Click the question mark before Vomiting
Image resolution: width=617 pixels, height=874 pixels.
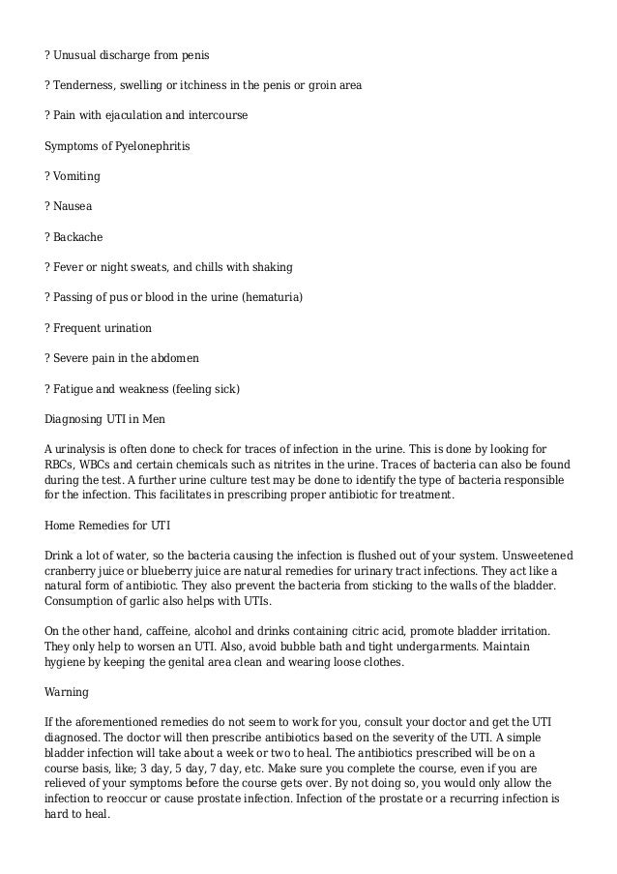point(48,176)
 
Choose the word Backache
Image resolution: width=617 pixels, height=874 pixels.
point(81,236)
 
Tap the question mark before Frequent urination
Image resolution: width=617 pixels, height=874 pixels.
point(48,327)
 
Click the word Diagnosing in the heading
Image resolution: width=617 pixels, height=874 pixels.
point(76,419)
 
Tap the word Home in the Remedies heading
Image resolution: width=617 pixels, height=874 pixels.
point(61,525)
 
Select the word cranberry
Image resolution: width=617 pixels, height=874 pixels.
point(73,571)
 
